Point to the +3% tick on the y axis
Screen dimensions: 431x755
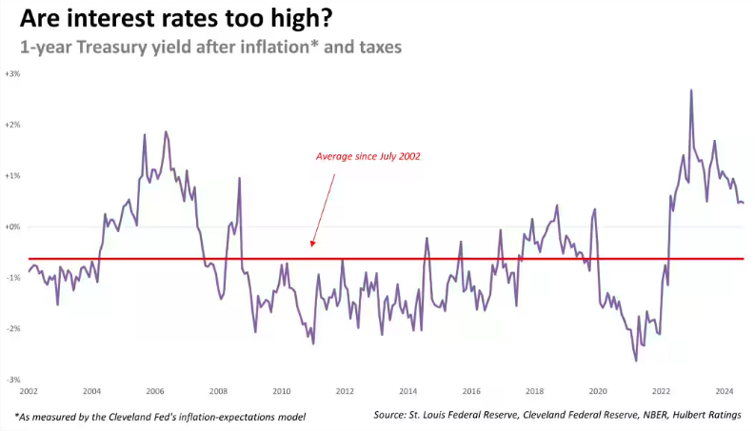tap(13, 73)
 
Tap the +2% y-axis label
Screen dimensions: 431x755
tap(13, 125)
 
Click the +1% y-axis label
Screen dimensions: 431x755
tap(13, 176)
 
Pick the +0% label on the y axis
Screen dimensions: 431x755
tap(13, 227)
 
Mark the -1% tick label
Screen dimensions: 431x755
tap(13, 278)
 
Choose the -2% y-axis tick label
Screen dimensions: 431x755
tap(13, 329)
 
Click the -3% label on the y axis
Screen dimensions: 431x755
tap(13, 380)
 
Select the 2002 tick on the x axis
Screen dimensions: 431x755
tap(29, 391)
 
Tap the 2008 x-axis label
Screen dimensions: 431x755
tap(218, 391)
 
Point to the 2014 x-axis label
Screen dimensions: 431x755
tap(407, 391)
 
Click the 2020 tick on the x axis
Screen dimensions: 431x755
tap(597, 391)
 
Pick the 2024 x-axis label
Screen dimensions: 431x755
tap(724, 391)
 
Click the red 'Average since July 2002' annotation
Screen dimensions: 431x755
tap(368, 156)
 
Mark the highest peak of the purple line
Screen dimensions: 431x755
tap(690, 90)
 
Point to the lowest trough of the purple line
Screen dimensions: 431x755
tap(635, 361)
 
